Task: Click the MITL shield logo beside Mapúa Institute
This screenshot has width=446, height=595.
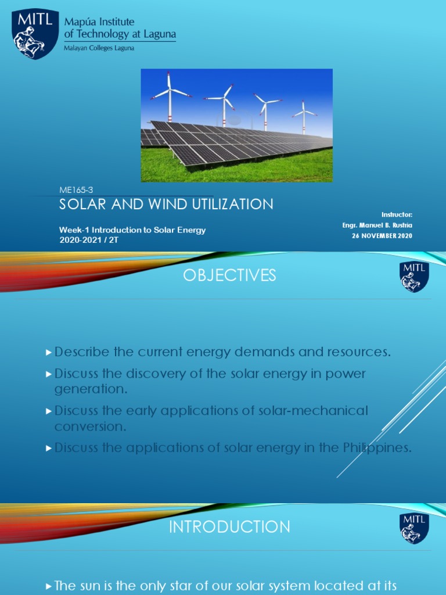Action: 35,34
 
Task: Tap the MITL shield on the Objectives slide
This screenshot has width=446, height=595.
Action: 414,277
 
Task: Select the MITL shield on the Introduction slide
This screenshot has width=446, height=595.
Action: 414,528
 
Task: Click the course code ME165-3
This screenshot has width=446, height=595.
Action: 76,191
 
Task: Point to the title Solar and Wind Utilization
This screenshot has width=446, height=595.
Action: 167,205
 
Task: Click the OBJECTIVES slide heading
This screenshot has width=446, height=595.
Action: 229,275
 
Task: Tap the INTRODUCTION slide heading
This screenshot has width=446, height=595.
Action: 229,527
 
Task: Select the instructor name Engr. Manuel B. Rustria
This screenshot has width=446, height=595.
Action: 377,225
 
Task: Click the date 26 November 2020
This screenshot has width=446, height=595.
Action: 382,235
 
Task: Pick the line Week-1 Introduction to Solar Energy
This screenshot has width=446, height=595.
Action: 132,230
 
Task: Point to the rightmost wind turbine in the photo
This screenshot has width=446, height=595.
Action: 303,115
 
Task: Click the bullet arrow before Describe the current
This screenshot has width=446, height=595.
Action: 49,353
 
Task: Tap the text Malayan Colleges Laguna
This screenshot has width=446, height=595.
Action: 99,48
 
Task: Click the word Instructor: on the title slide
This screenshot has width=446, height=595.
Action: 397,214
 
